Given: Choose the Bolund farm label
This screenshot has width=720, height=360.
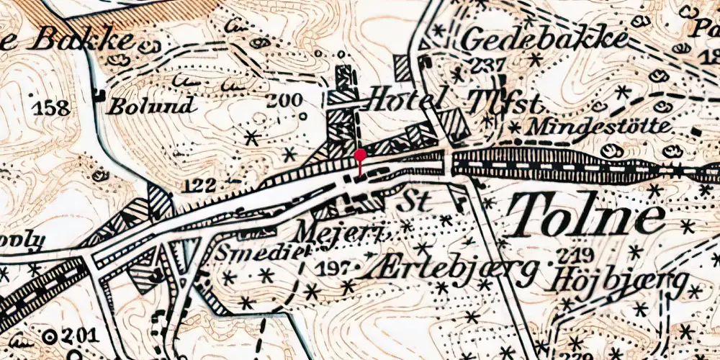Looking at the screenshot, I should pos(151,107).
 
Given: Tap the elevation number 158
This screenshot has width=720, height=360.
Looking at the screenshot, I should pos(52,109).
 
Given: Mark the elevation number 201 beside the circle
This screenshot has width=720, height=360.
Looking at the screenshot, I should pos(78,336).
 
